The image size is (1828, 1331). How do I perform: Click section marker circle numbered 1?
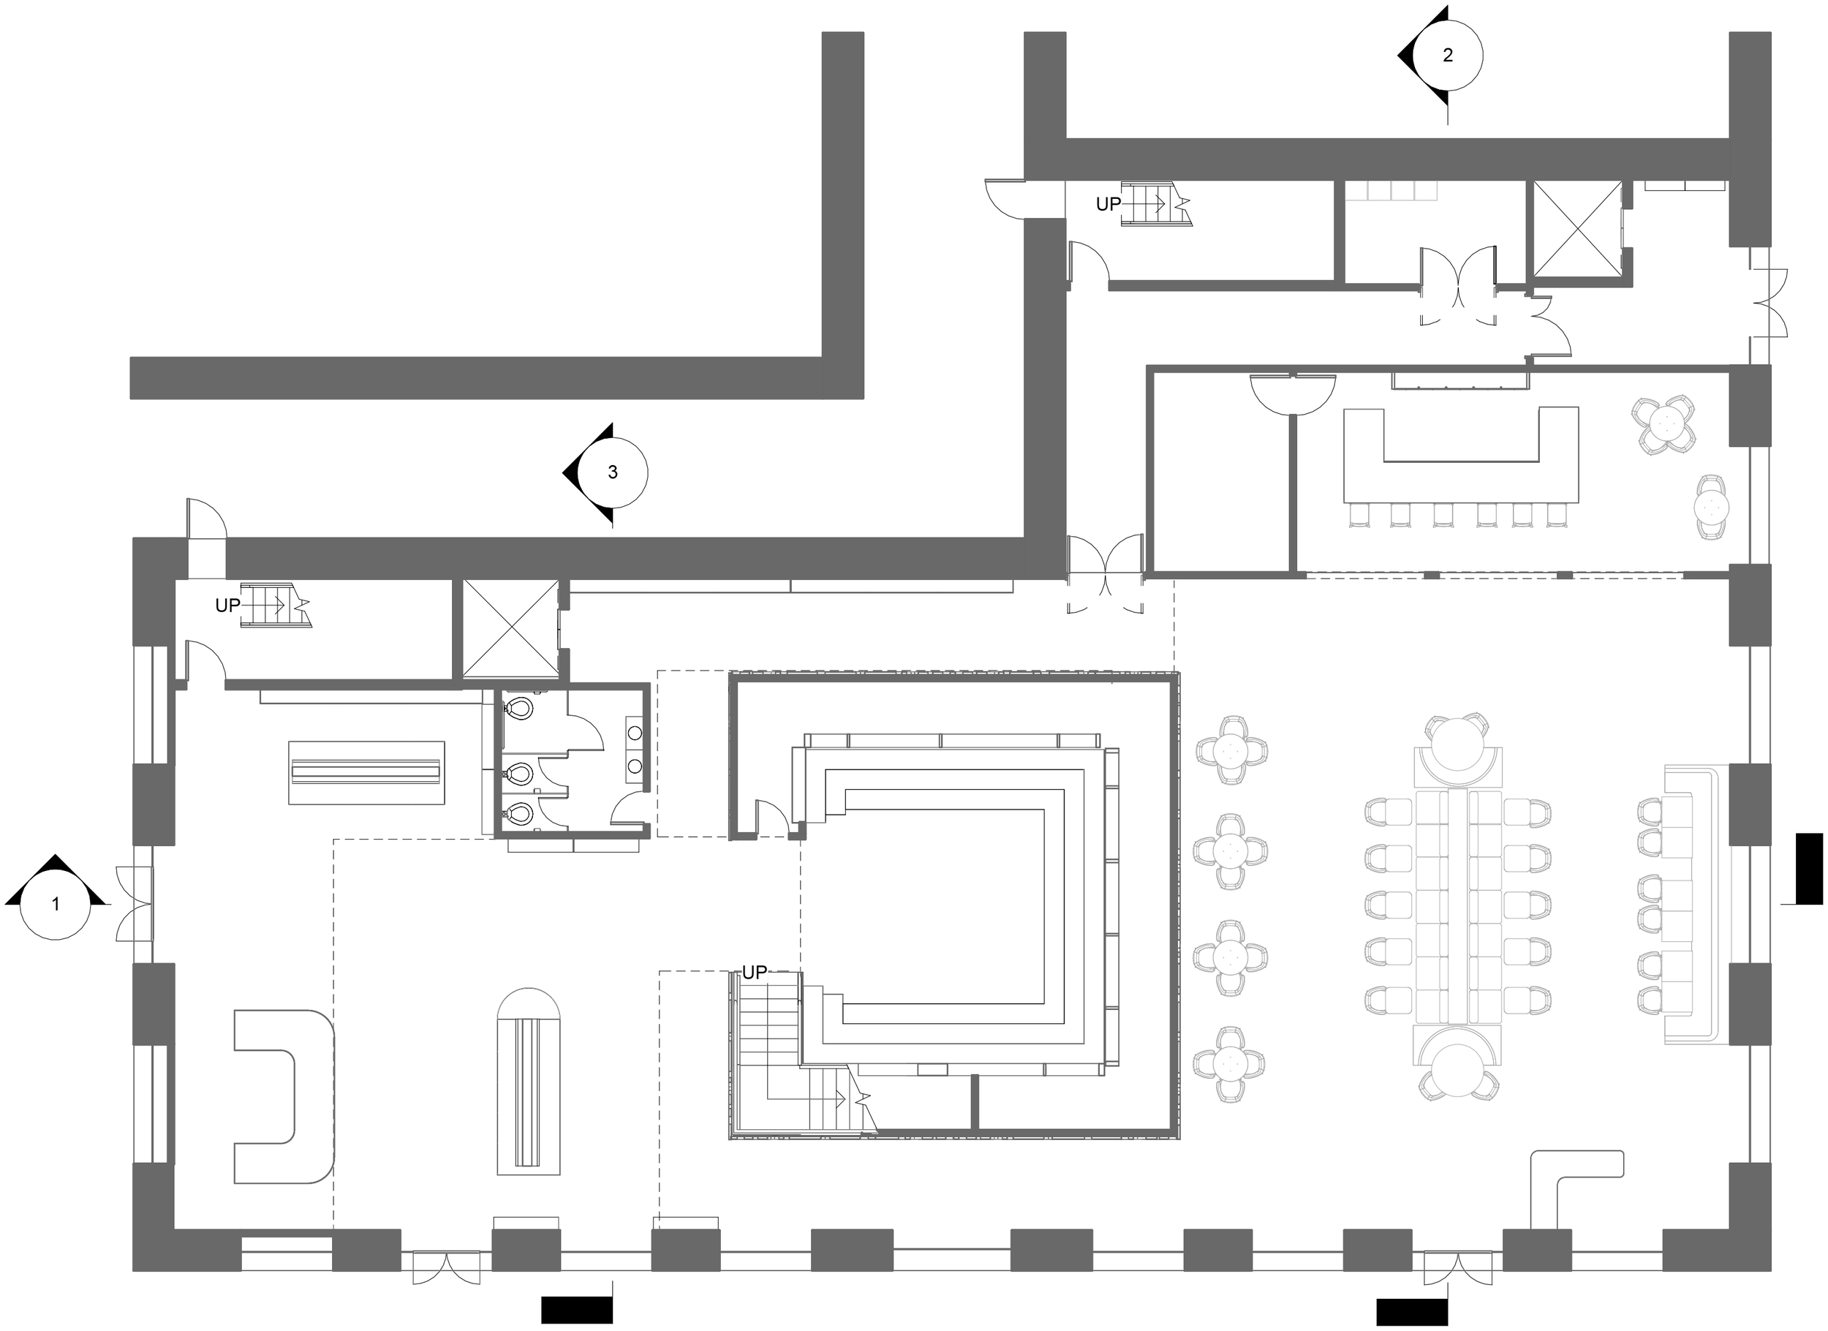click(55, 905)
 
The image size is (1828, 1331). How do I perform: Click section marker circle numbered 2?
click(1448, 56)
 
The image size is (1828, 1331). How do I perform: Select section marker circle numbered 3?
click(613, 472)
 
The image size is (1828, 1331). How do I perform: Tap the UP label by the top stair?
click(1108, 205)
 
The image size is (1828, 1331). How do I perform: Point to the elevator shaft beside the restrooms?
click(510, 628)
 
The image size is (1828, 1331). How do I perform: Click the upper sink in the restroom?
click(635, 733)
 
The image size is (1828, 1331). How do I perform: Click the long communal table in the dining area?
click(1459, 908)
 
